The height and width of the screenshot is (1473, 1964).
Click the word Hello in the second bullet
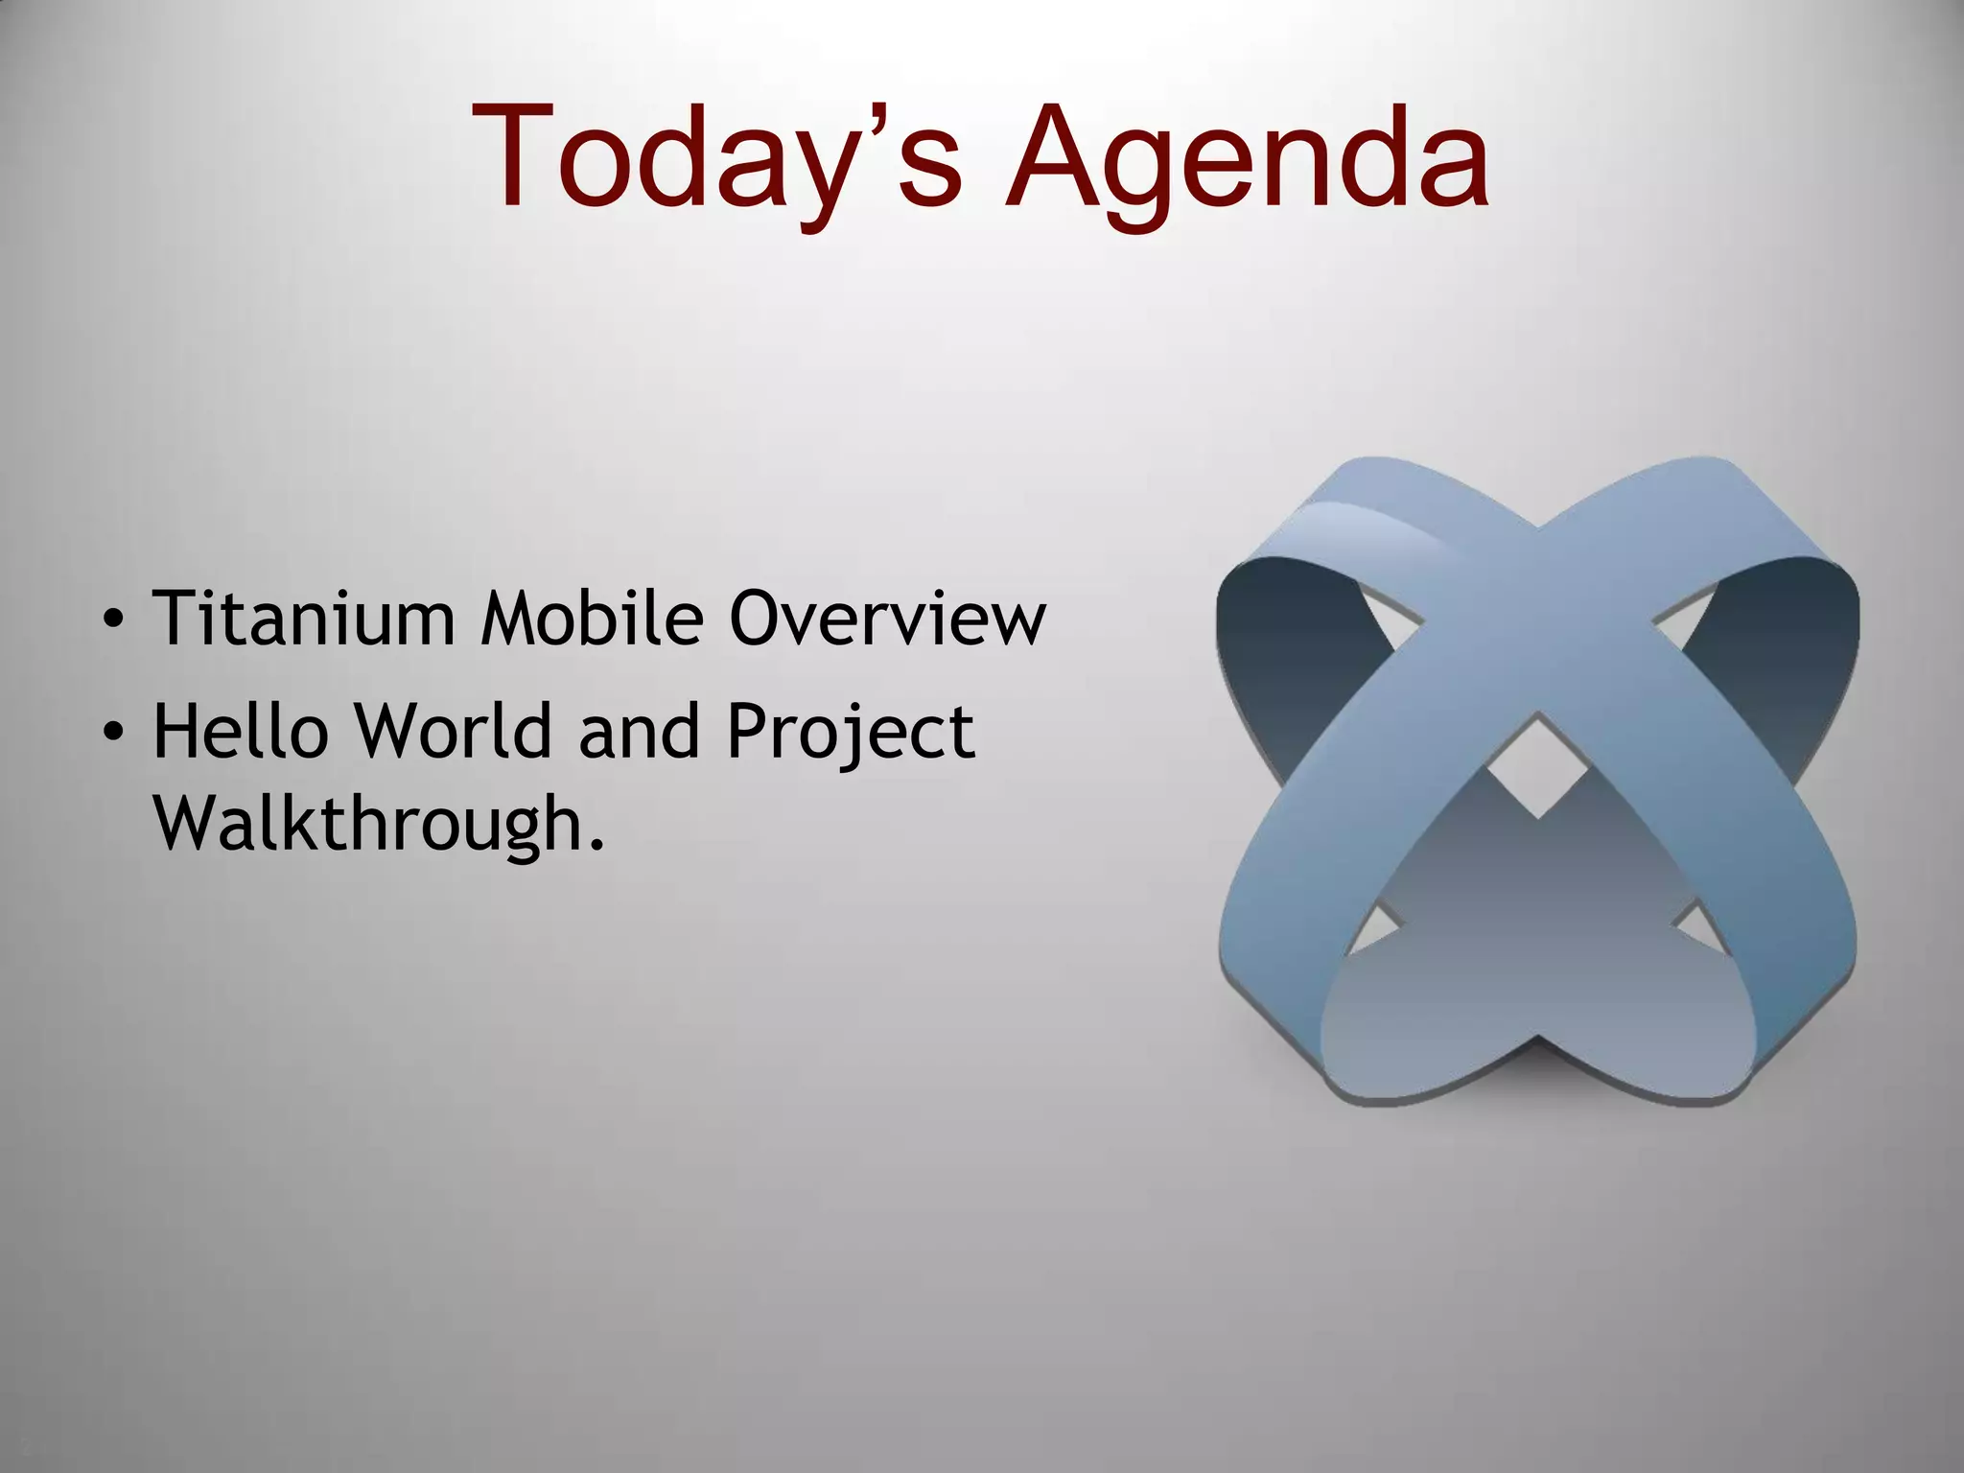(240, 732)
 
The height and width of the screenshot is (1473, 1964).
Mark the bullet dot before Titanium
(113, 620)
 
